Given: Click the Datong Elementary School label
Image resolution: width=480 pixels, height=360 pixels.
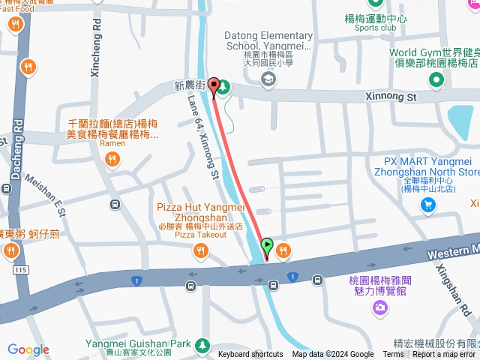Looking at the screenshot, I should click(269, 40).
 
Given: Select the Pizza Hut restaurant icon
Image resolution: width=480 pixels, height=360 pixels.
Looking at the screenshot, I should click(200, 251).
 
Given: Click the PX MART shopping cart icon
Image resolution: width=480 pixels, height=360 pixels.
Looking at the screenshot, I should click(428, 206).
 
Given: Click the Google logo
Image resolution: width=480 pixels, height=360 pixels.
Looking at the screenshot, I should click(28, 349).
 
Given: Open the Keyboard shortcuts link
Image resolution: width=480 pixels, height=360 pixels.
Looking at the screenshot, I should click(250, 355).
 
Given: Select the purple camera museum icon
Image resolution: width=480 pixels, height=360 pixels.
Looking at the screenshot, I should click(380, 307).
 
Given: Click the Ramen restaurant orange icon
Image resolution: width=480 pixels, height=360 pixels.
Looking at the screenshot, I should click(112, 158).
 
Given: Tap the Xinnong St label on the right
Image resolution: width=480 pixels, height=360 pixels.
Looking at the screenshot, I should click(391, 97).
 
